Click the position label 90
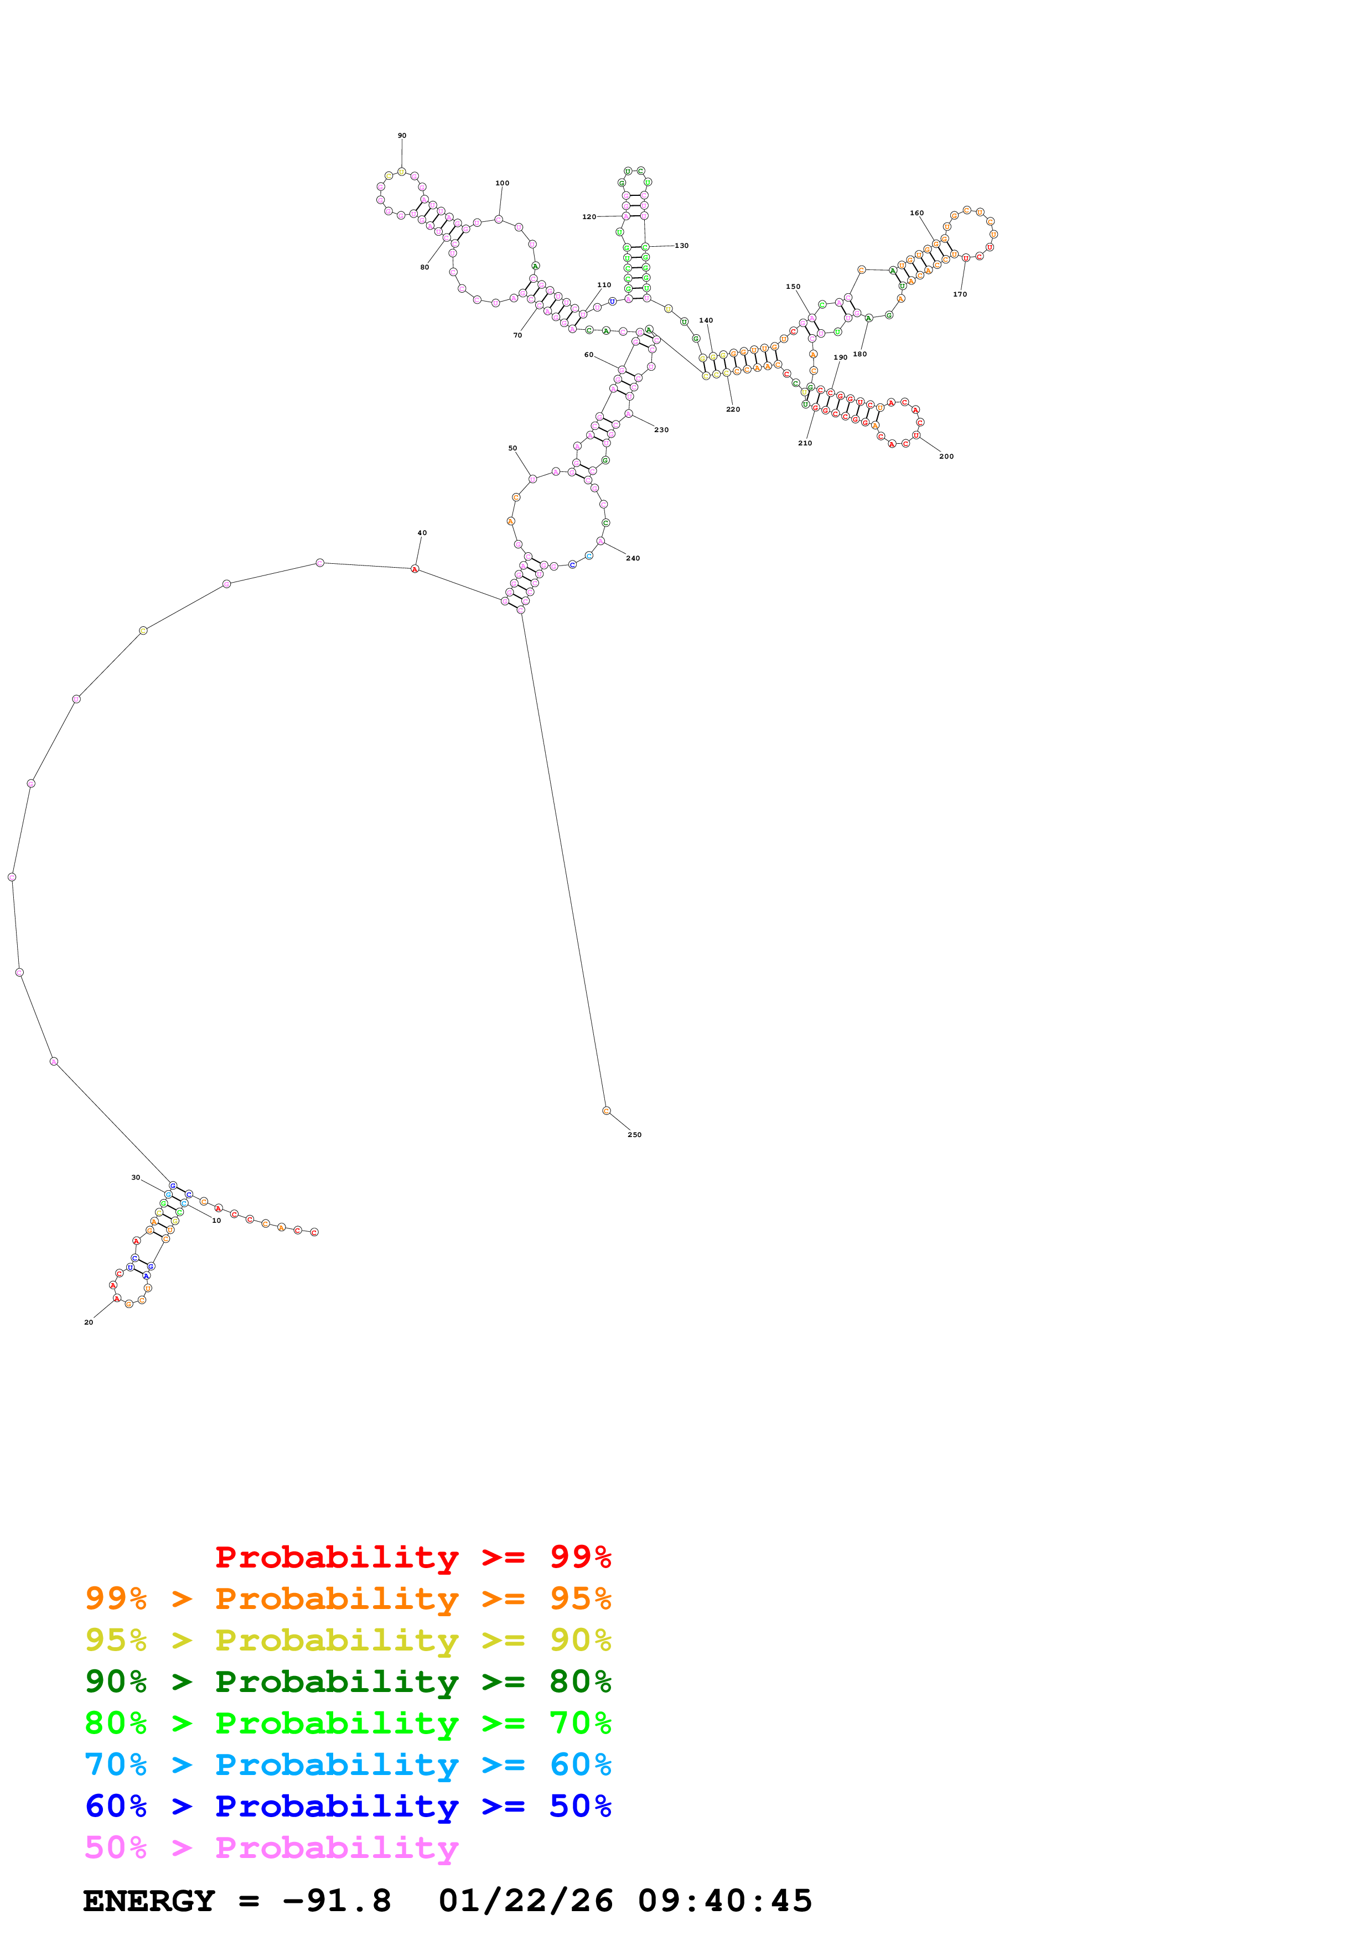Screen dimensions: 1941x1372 [x=402, y=135]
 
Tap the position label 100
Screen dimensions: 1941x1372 [x=502, y=183]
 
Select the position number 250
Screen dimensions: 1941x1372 [x=634, y=1134]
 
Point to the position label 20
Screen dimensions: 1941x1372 [x=89, y=1322]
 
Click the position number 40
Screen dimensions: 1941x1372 [x=422, y=533]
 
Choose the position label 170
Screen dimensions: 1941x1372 [x=960, y=294]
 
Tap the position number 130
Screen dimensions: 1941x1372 [x=681, y=245]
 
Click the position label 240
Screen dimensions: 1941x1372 [x=633, y=558]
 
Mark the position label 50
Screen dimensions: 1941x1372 [x=512, y=448]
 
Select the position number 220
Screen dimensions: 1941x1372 [x=733, y=409]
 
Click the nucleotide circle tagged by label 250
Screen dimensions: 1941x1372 [x=606, y=1111]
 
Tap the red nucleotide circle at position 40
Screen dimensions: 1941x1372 [x=414, y=569]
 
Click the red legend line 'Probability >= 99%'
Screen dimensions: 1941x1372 [x=412, y=1557]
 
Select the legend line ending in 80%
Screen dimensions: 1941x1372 [x=348, y=1681]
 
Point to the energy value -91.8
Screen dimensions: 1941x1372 [x=336, y=1901]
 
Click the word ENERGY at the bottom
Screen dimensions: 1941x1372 [x=149, y=1901]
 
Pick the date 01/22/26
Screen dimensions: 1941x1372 [x=525, y=1901]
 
